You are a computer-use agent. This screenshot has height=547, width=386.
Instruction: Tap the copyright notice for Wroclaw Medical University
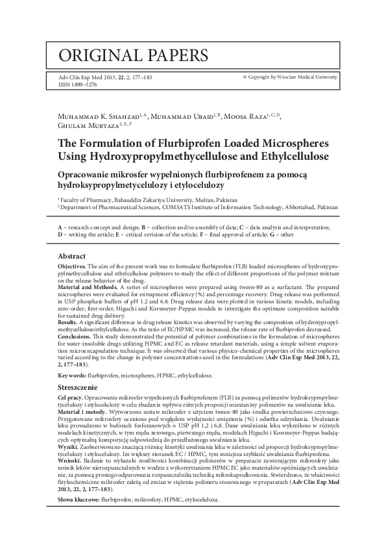click(x=289, y=77)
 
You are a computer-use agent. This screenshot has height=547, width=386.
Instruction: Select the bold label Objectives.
click(x=72, y=267)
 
